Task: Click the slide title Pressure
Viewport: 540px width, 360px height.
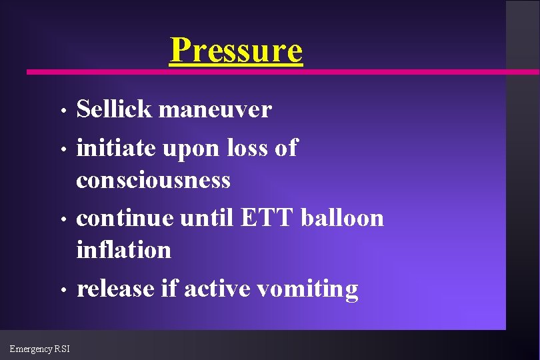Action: tap(236, 50)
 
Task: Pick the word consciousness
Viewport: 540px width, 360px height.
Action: tap(153, 180)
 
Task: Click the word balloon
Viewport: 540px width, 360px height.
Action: tap(343, 218)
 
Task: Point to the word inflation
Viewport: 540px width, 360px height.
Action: tap(124, 251)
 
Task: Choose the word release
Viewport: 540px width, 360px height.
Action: tap(116, 289)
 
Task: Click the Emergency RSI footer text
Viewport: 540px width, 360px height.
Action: tap(39, 348)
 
